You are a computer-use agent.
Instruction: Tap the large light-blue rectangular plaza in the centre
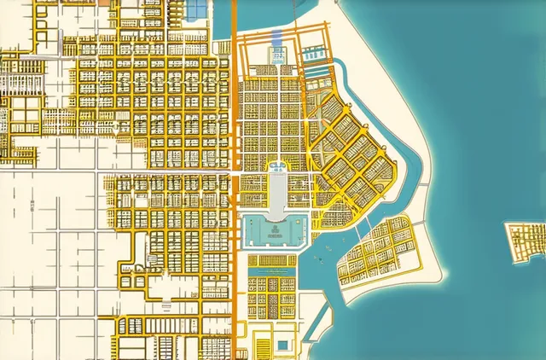point(275,230)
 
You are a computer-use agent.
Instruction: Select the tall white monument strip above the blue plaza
point(277,193)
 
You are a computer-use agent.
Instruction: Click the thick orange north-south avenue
point(233,128)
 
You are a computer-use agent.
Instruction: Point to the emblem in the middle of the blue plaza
point(276,229)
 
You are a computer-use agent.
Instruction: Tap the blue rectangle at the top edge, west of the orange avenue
point(197,8)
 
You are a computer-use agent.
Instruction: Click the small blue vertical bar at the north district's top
point(276,37)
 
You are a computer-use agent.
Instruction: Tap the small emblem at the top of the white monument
point(278,167)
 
